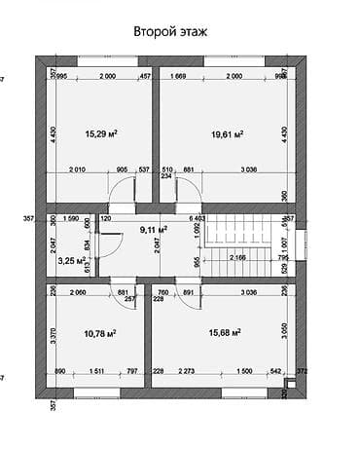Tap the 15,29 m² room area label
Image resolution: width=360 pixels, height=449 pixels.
point(101,133)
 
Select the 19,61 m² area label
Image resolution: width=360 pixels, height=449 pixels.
point(226,133)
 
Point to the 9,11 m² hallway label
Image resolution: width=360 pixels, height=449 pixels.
point(154,230)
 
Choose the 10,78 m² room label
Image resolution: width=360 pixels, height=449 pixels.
point(100,333)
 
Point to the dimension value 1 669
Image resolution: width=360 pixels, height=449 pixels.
point(179,76)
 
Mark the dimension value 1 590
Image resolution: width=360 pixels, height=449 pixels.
point(70,219)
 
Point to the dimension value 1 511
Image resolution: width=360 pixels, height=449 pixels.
point(97,371)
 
